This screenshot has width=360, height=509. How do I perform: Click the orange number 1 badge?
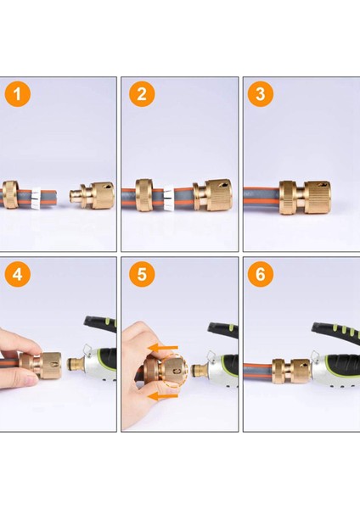pyautogui.click(x=20, y=95)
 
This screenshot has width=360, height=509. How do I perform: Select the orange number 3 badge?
pyautogui.click(x=262, y=95)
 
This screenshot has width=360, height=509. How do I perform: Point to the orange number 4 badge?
pyautogui.click(x=20, y=276)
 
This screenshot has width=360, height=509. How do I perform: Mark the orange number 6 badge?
pyautogui.click(x=262, y=276)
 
